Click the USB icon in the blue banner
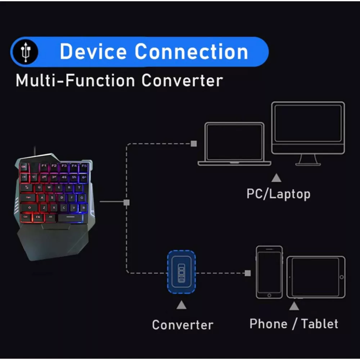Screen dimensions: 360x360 pos(25,53)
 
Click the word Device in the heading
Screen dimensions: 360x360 pos(93,51)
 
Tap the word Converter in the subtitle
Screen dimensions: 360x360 pos(182,80)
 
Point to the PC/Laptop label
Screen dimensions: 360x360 pos(278,194)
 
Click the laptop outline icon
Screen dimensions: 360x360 pos(234,144)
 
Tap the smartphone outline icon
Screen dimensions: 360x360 pos(269,272)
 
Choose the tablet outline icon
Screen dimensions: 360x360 pos(316,277)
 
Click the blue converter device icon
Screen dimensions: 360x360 pos(181,271)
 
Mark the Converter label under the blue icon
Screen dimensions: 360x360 pos(183,325)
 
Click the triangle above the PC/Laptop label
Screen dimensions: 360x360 pos(276,177)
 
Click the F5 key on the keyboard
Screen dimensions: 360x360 pos(84,166)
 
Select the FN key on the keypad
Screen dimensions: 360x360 pos(38,217)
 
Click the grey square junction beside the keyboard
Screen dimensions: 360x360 pos(126,202)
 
